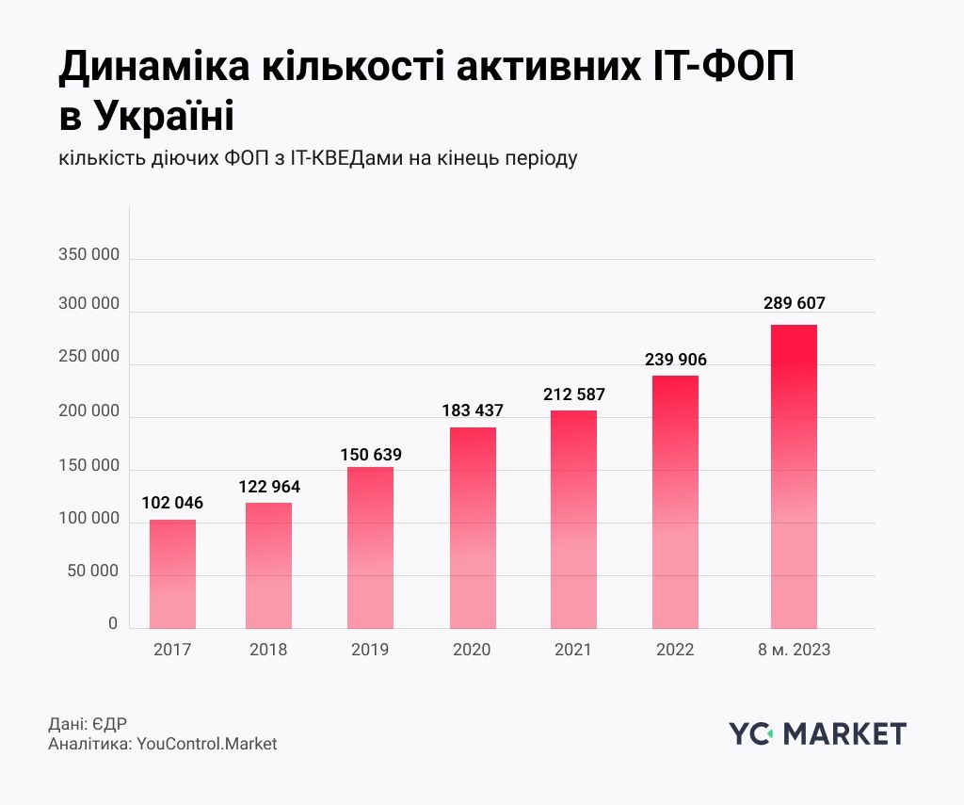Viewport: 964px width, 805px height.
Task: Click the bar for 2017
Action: tap(172, 573)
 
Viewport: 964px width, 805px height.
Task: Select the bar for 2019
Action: tap(370, 547)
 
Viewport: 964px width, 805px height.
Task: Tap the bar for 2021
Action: tap(573, 519)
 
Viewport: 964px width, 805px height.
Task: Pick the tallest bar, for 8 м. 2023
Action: tap(794, 476)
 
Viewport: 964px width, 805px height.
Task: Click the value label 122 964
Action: tap(268, 487)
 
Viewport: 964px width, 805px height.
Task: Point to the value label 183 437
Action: tap(473, 411)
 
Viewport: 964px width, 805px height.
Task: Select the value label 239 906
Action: tap(675, 359)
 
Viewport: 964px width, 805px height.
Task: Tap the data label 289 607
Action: tap(794, 304)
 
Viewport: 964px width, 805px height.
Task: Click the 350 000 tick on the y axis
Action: tap(88, 254)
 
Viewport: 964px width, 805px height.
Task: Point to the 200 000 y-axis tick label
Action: tap(88, 411)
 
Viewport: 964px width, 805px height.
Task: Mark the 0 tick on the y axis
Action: tap(113, 623)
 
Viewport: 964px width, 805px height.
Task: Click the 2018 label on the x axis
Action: tap(268, 650)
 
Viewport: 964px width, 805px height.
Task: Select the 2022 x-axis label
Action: tap(675, 650)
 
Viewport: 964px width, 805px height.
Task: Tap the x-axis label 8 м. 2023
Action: tap(794, 650)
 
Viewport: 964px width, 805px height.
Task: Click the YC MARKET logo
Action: tap(817, 733)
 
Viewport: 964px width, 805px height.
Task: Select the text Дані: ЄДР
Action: tap(87, 724)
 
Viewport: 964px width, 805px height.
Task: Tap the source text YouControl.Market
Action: tap(207, 744)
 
